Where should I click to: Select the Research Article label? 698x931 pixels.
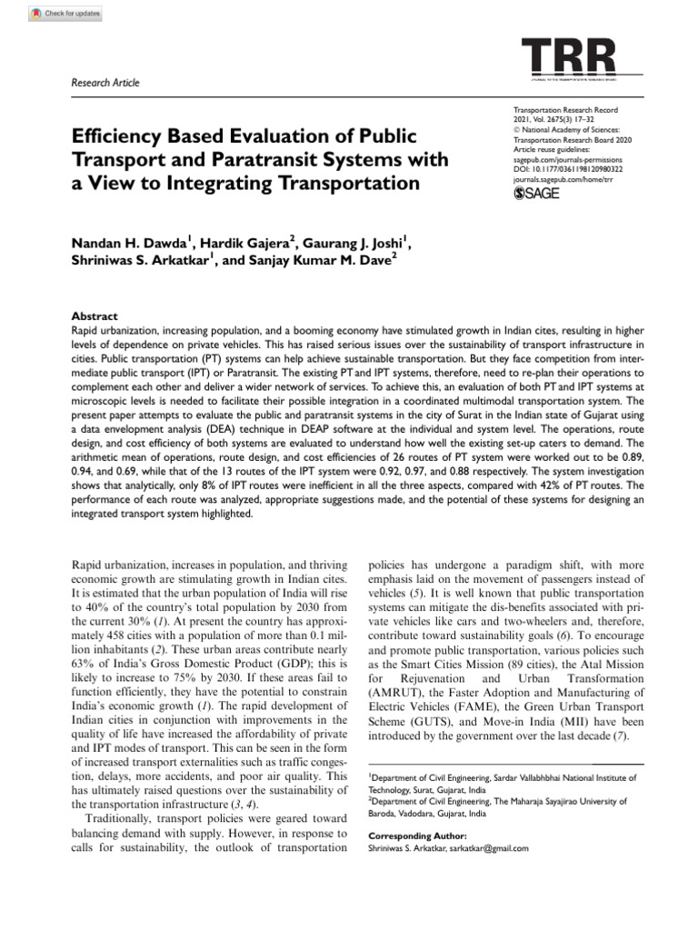(x=105, y=83)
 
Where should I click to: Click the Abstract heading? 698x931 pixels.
(x=94, y=316)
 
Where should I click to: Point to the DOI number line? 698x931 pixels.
(x=568, y=169)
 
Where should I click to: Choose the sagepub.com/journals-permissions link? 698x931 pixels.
(x=569, y=158)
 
